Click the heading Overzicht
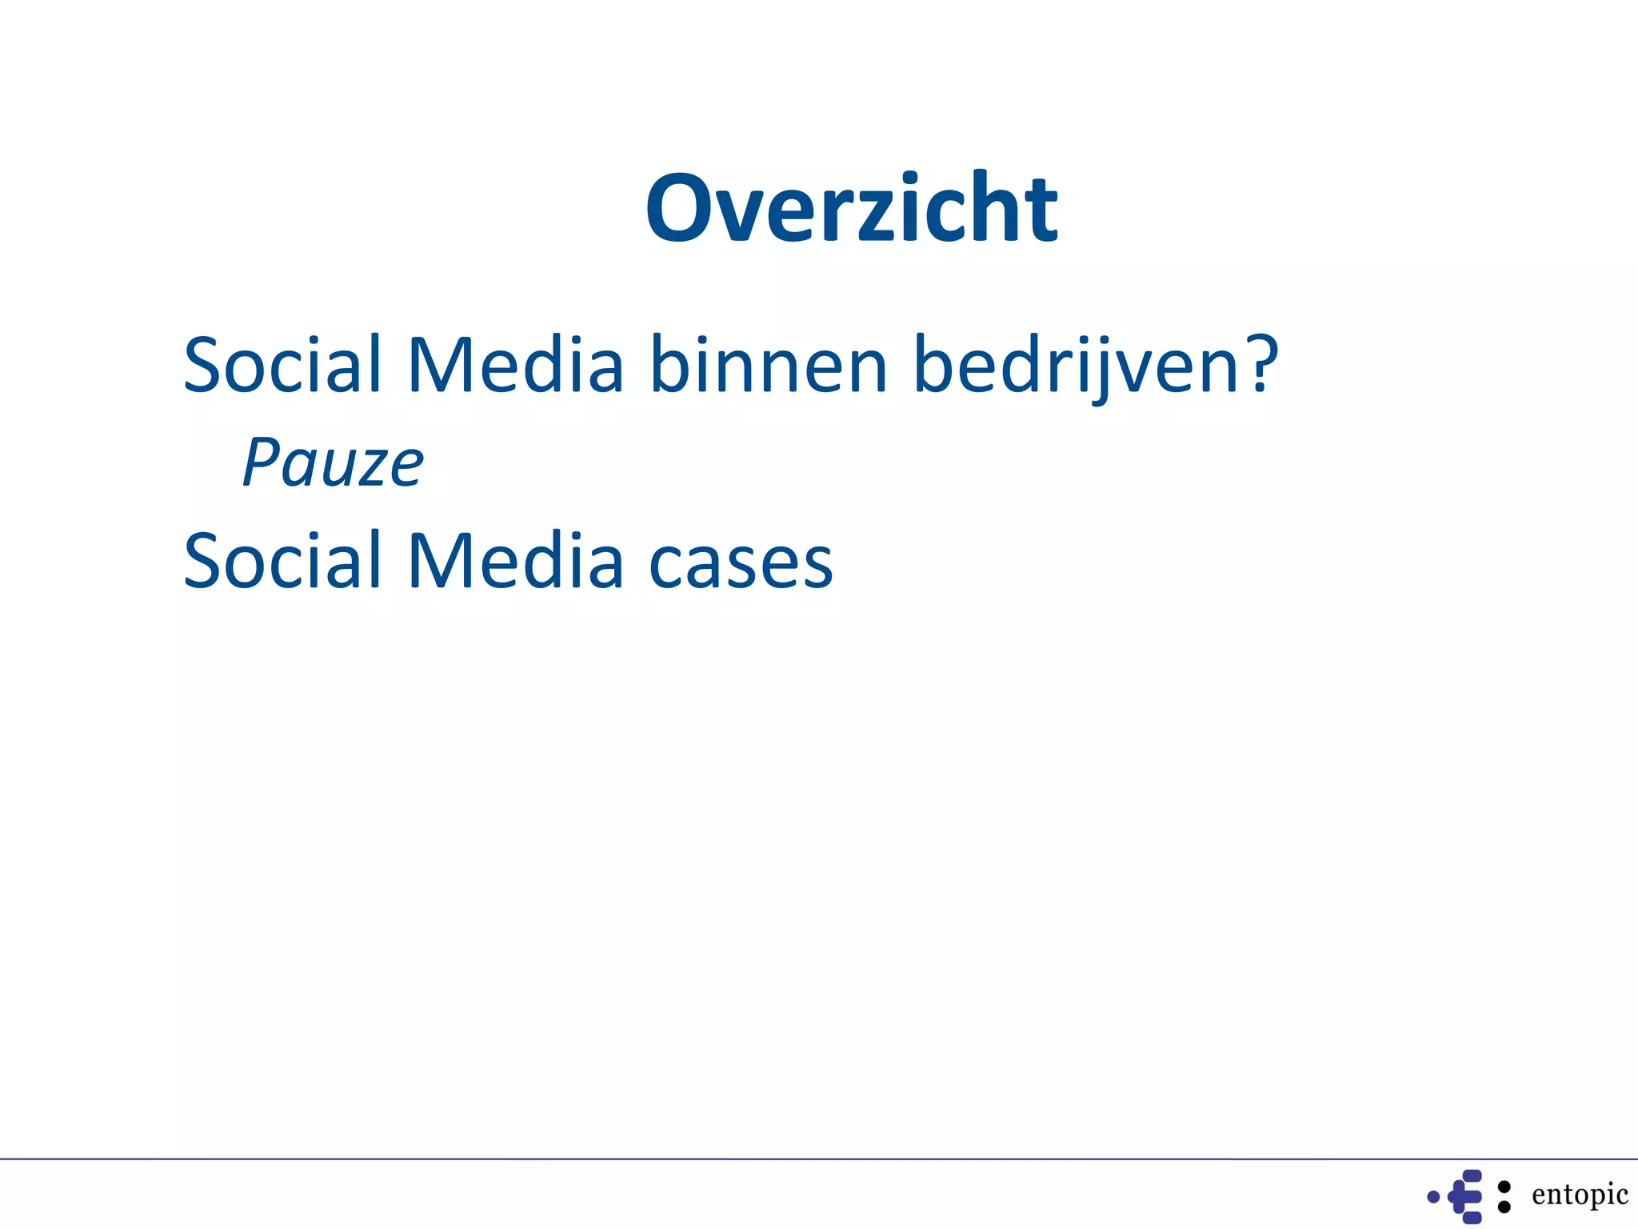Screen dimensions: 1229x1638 coord(852,209)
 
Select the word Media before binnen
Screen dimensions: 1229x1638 coord(515,365)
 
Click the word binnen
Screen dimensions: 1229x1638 coord(769,365)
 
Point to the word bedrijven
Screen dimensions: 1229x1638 coord(1077,366)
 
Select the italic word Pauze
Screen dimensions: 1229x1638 coord(334,463)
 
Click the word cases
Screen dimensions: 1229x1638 coord(741,565)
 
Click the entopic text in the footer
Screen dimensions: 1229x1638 coord(1580,1194)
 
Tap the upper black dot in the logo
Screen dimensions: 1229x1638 coord(1504,1187)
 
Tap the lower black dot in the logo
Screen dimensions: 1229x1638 coord(1504,1207)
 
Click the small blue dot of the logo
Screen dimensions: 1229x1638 coord(1433,1197)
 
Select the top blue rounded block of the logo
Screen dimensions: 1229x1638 coord(1472,1176)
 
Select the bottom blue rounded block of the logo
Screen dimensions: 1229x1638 coord(1472,1218)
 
